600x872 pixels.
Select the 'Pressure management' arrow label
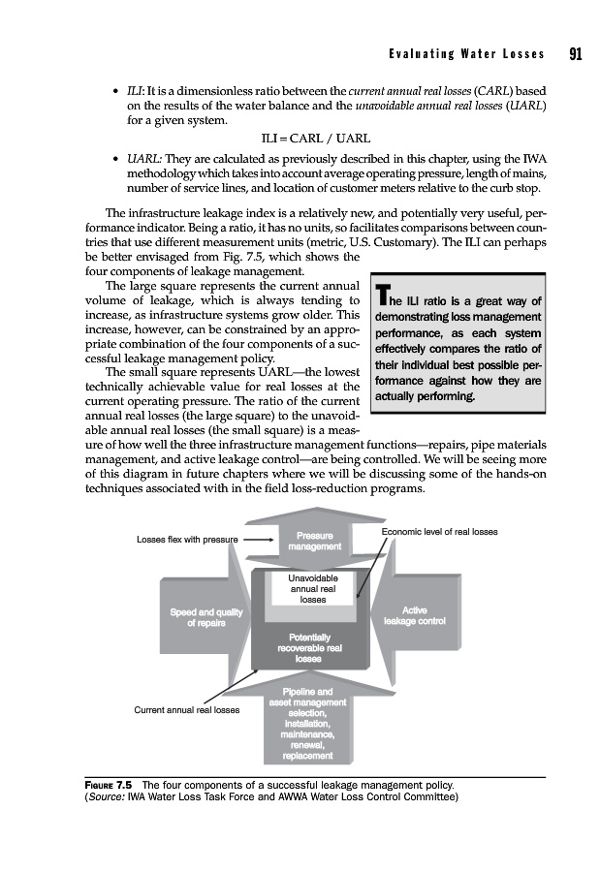tap(310, 541)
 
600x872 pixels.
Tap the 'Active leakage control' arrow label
tap(414, 615)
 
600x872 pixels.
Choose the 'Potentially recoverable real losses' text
tap(309, 646)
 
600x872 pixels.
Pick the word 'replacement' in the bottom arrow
tap(309, 756)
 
